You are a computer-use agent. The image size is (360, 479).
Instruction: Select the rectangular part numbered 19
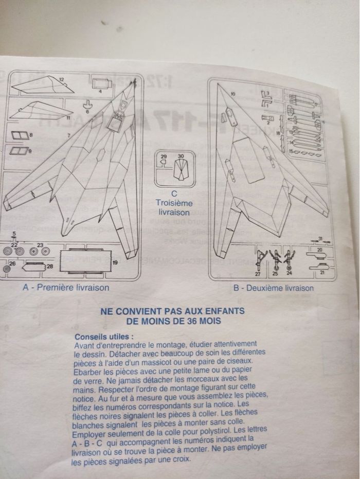click(x=84, y=261)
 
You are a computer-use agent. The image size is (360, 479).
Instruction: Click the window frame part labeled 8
click(x=20, y=136)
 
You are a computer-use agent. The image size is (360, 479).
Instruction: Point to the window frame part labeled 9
click(x=20, y=152)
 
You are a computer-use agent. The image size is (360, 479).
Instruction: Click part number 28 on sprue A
click(x=33, y=267)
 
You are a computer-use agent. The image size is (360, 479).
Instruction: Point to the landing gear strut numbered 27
click(x=259, y=257)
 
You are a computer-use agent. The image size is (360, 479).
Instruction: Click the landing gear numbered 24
click(x=290, y=258)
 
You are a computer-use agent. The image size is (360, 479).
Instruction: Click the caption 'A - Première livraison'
click(x=66, y=288)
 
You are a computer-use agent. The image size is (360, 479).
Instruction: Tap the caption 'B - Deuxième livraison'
click(x=273, y=288)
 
